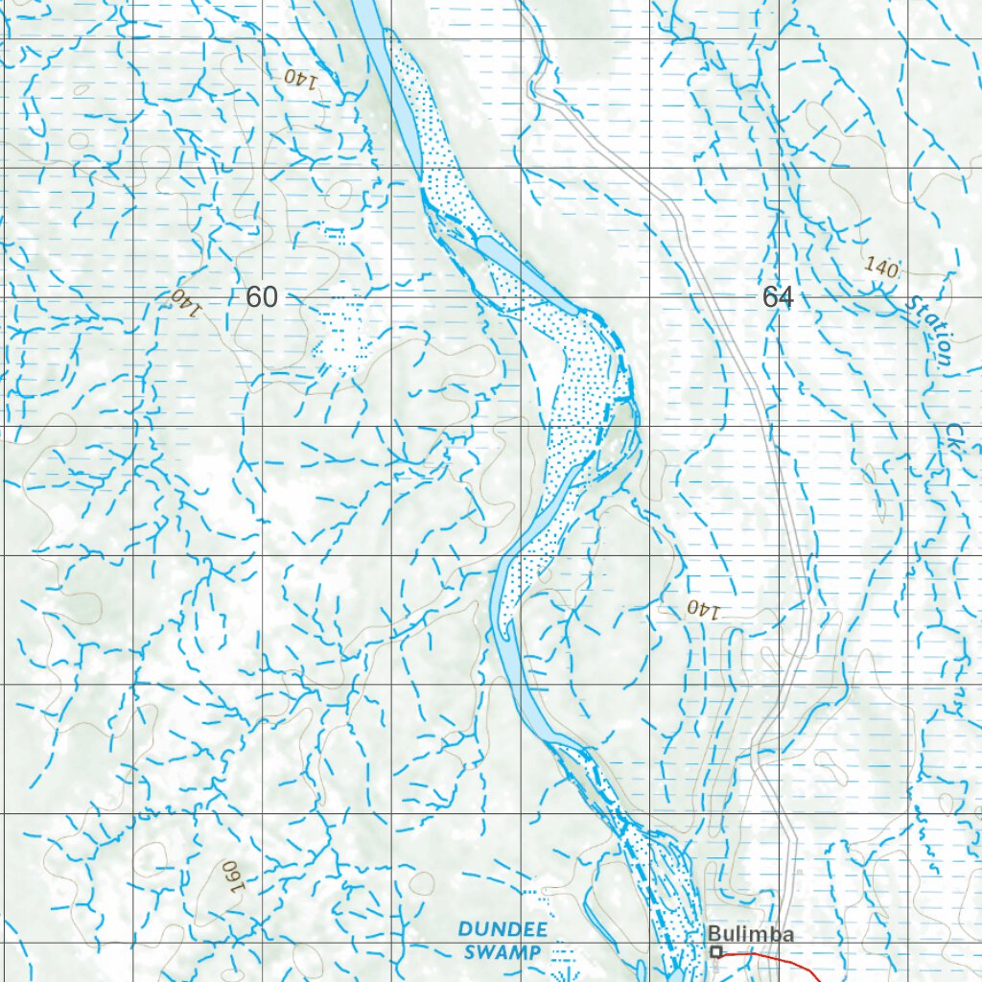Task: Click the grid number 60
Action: point(261,297)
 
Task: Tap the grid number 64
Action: point(777,297)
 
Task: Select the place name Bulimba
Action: point(751,934)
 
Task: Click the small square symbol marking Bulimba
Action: point(715,952)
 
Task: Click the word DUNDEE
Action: point(503,929)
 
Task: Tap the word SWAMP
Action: point(503,952)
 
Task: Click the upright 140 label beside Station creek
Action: point(880,268)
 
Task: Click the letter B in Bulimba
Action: point(714,934)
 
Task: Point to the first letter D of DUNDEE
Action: point(464,929)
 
